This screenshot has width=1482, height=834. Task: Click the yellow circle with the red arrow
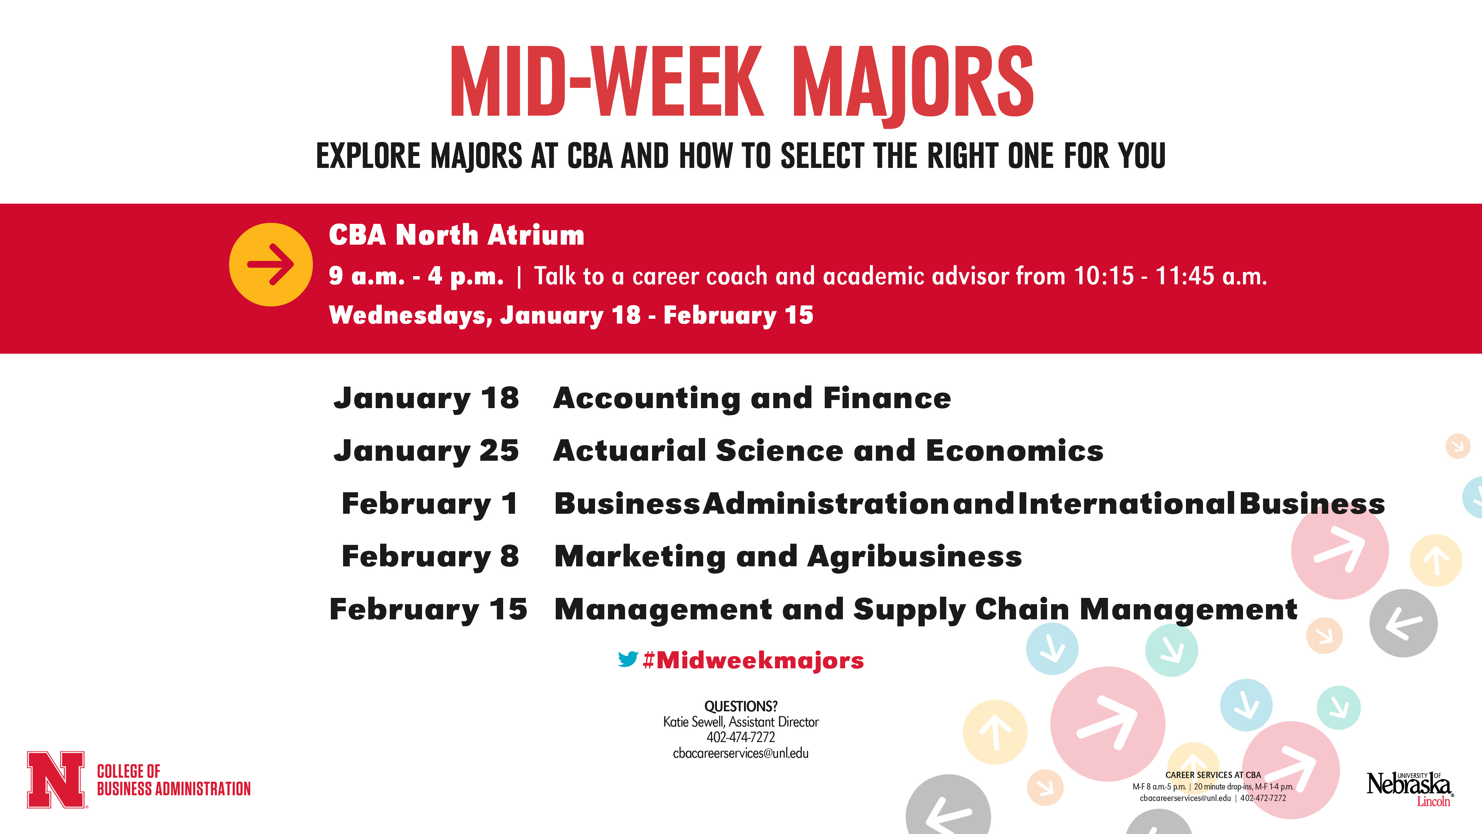pyautogui.click(x=270, y=264)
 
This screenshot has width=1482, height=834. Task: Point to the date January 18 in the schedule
pyautogui.click(x=426, y=398)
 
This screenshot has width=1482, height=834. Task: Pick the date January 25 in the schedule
pyautogui.click(x=426, y=451)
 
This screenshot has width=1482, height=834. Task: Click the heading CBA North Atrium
pyautogui.click(x=456, y=235)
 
